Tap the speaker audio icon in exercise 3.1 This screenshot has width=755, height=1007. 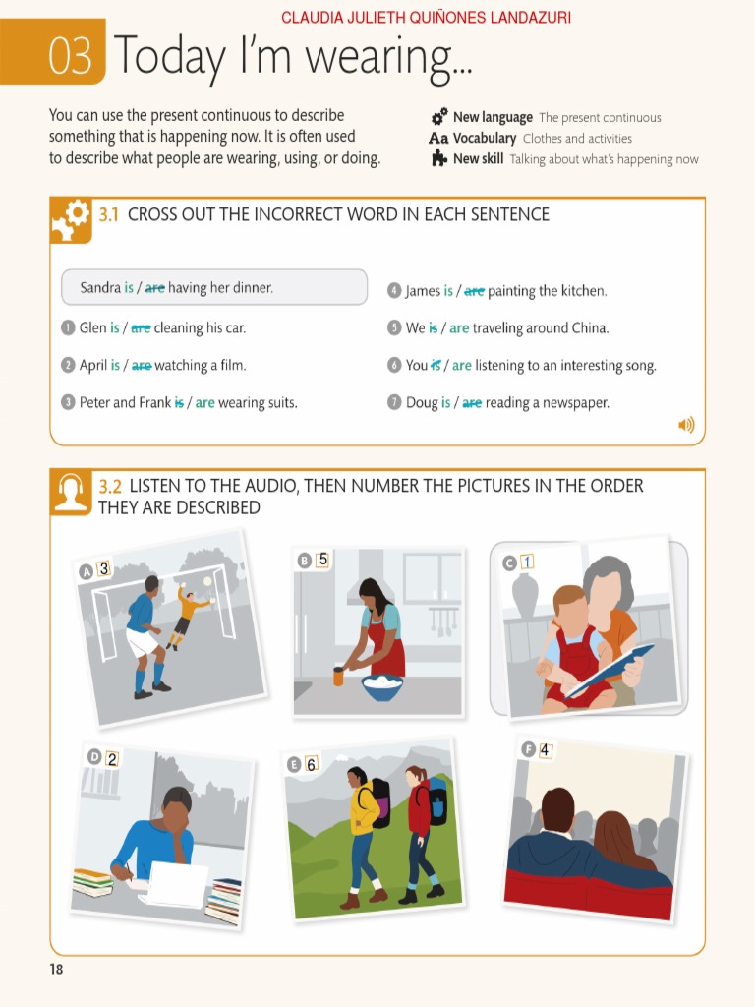[685, 425]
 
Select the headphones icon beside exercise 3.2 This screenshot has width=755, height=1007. [71, 492]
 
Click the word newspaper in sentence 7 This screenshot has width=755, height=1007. [574, 402]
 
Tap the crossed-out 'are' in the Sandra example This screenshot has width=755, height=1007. [154, 288]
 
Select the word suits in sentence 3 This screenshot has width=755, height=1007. [279, 402]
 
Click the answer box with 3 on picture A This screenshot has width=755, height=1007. [103, 567]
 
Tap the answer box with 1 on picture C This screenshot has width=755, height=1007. [527, 562]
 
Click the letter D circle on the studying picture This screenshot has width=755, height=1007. [94, 756]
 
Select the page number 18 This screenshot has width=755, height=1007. [56, 970]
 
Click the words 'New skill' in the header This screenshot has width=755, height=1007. [478, 159]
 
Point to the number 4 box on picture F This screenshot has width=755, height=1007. [545, 750]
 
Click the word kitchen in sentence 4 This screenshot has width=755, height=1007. [584, 291]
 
